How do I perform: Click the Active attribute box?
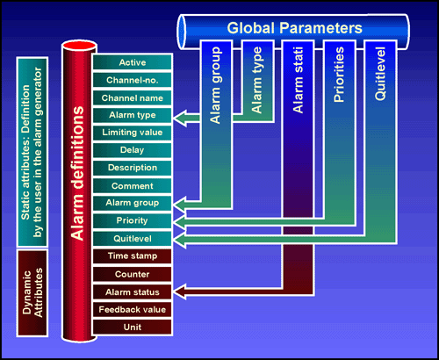point(133,62)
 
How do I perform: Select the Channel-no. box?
point(133,80)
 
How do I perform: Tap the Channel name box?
point(133,97)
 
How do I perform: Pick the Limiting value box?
point(133,133)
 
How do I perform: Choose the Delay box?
point(133,150)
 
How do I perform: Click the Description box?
point(133,168)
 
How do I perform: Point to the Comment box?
point(133,185)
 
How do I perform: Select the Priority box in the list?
point(133,220)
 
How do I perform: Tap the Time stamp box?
point(133,256)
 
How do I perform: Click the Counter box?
point(133,274)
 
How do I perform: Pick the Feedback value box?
point(133,309)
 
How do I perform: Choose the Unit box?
point(133,327)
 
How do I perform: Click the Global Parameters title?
point(295,28)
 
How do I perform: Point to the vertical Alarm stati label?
point(299,80)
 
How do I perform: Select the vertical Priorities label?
point(339,75)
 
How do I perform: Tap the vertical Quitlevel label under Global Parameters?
point(380,74)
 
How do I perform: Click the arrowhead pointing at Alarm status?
point(179,292)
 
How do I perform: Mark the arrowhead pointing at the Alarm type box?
point(180,119)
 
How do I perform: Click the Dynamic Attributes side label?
point(32,292)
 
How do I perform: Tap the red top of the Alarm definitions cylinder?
point(79,46)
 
